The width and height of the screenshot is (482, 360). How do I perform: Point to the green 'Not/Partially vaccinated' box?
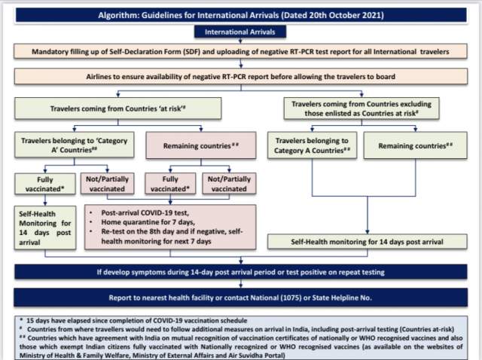(x=103, y=184)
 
